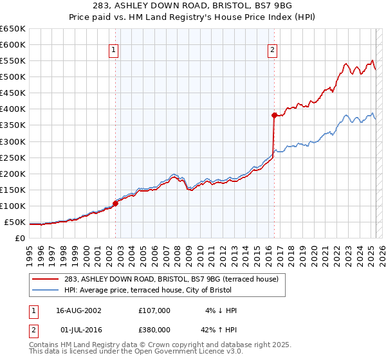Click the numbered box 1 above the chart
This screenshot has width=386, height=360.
coord(114,50)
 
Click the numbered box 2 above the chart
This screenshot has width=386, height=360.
coord(272,50)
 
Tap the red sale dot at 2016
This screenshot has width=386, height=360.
coord(274,115)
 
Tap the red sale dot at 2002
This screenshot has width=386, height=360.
coord(116,203)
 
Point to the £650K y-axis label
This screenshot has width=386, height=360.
coord(13,29)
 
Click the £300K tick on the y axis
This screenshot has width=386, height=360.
coord(13,141)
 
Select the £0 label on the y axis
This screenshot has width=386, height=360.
coord(19,239)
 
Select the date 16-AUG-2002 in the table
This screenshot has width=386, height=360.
coord(78,310)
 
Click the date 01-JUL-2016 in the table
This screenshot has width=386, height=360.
coord(78,330)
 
